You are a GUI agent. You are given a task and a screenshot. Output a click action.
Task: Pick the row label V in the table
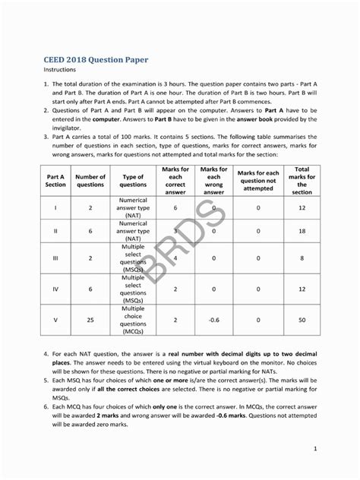(x=55, y=321)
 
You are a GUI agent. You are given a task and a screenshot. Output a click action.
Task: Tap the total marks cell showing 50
(x=302, y=321)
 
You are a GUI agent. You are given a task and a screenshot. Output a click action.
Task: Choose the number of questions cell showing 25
(x=90, y=321)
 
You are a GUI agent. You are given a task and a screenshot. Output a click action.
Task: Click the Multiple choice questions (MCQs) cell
(x=133, y=321)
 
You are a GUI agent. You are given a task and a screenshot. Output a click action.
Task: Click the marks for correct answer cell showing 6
(x=175, y=207)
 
